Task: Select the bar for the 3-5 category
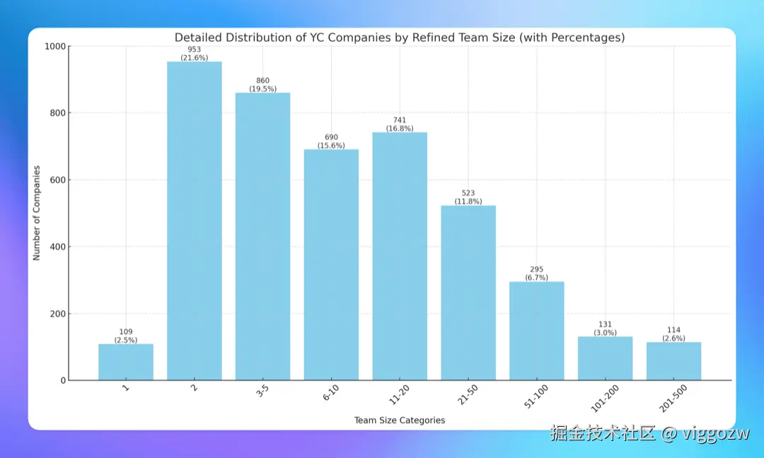point(262,236)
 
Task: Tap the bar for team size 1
point(126,362)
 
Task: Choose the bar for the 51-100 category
point(536,331)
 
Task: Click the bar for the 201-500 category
point(673,361)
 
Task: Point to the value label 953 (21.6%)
point(195,54)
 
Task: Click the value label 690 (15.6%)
point(331,142)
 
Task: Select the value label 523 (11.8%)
point(468,197)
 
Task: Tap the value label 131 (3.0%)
point(605,328)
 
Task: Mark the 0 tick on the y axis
point(62,381)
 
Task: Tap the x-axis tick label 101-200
point(603,397)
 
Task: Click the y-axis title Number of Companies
point(37,213)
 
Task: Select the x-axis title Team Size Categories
point(400,420)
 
